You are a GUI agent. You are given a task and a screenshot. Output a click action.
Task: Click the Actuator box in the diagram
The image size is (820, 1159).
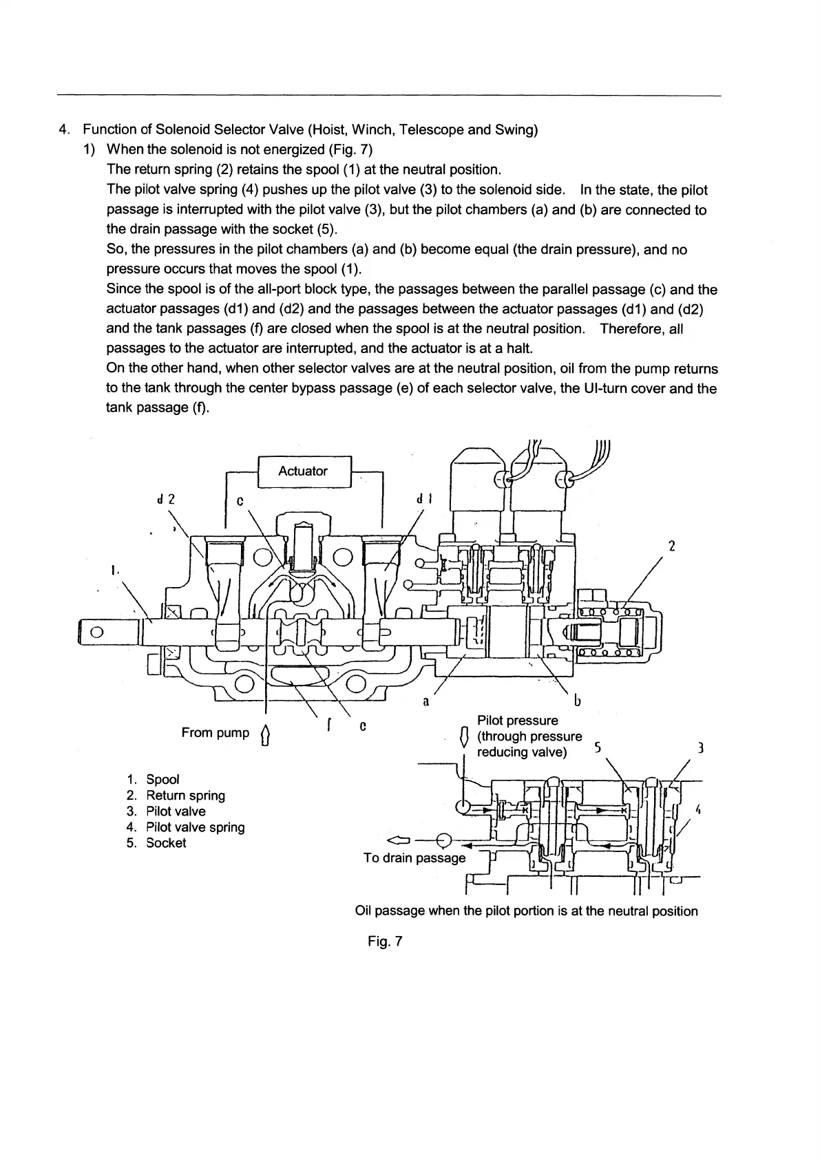pyautogui.click(x=303, y=471)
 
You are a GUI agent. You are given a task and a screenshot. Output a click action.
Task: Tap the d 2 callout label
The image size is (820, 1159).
pyautogui.click(x=166, y=500)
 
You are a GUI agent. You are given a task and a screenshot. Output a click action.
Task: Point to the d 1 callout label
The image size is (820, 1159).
pyautogui.click(x=424, y=500)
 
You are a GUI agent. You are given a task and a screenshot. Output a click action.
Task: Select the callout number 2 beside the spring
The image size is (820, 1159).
pyautogui.click(x=672, y=546)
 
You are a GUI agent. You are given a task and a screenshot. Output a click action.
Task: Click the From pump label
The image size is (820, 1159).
pyautogui.click(x=215, y=733)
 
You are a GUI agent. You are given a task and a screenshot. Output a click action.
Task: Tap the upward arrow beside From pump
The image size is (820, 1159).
pyautogui.click(x=266, y=736)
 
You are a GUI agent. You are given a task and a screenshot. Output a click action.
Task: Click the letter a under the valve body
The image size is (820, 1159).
pyautogui.click(x=426, y=702)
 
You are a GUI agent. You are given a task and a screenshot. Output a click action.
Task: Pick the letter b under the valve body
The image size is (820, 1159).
pyautogui.click(x=577, y=701)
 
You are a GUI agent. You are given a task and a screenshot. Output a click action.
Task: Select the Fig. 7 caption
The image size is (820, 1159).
pyautogui.click(x=385, y=942)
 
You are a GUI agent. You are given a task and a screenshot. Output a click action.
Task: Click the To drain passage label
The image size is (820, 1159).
pyautogui.click(x=414, y=858)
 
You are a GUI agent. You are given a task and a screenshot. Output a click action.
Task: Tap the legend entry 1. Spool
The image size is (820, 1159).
pyautogui.click(x=153, y=780)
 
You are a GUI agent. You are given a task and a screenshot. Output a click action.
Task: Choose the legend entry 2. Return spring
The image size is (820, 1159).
pyautogui.click(x=176, y=796)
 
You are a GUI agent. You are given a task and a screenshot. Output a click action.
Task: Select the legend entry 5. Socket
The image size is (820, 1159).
pyautogui.click(x=156, y=843)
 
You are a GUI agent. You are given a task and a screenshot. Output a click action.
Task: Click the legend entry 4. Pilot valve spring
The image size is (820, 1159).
pyautogui.click(x=185, y=827)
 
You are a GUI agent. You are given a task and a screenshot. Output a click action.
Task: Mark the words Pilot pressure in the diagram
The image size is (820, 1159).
pyautogui.click(x=517, y=721)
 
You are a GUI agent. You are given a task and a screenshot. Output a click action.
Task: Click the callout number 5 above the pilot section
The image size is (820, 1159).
pyautogui.click(x=598, y=747)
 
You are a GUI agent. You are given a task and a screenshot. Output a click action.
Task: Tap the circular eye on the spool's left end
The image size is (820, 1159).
pyautogui.click(x=96, y=633)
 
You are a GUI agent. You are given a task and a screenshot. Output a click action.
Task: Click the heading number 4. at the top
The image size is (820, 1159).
pyautogui.click(x=64, y=130)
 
